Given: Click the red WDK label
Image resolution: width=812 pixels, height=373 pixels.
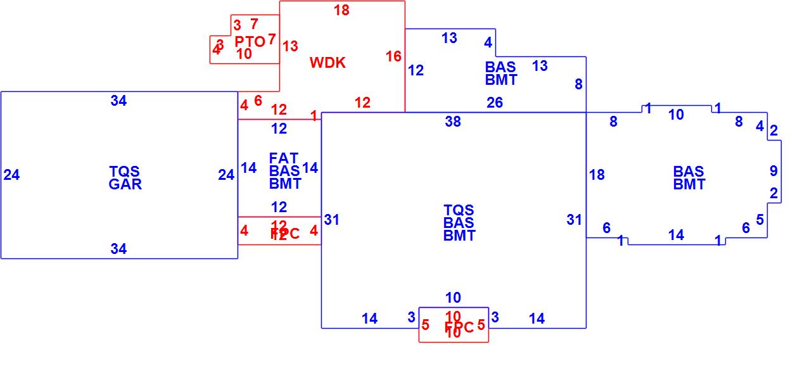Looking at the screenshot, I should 327,63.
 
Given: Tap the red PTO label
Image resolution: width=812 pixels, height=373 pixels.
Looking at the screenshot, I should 250,42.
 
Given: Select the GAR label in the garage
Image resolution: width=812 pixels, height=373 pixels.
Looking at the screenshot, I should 125,184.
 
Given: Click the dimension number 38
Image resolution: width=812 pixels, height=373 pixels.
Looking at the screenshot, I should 453,122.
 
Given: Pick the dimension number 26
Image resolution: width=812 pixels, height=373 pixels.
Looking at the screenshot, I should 495,103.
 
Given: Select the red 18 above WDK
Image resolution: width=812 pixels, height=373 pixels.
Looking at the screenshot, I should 341,10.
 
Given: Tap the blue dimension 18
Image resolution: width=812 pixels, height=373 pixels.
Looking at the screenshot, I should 597,175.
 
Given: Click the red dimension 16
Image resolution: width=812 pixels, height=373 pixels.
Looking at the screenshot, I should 393,56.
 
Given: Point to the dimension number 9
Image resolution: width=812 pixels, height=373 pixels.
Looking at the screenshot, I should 773,171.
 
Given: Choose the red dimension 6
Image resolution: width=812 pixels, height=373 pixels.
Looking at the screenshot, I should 258,101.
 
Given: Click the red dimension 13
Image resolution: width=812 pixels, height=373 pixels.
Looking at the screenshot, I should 290,46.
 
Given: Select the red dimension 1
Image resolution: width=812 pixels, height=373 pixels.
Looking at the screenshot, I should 314,115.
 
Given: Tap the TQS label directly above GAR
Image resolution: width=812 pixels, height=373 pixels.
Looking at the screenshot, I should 124,172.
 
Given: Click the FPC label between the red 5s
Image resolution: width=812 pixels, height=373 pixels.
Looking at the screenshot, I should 459,327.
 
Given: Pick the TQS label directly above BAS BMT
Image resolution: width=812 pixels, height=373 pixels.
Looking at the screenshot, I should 459,210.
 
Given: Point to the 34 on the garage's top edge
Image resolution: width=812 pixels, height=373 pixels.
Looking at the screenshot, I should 118,101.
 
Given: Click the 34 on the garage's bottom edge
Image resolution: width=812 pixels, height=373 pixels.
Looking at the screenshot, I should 118,249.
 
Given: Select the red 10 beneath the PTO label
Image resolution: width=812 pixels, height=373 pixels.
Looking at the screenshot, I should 244,54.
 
